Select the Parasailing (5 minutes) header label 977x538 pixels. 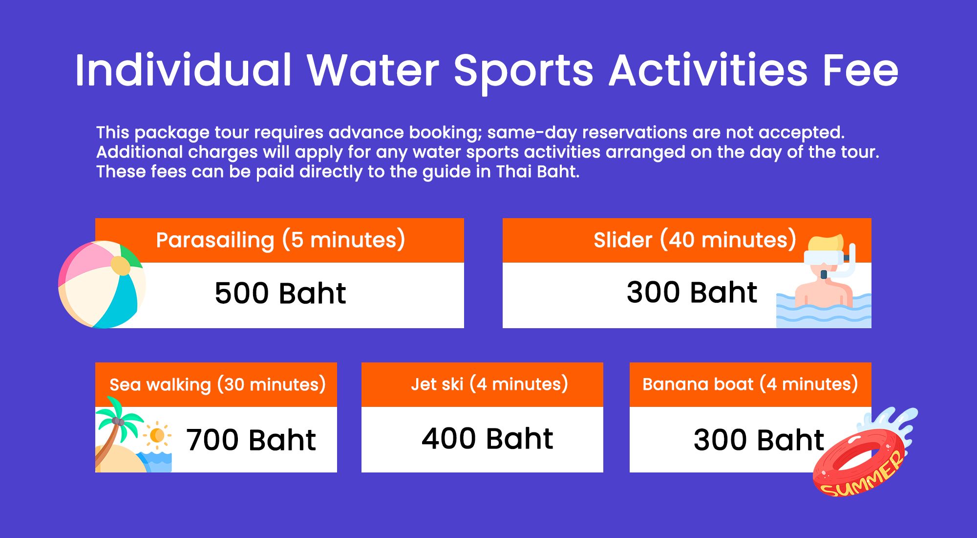[x=280, y=240]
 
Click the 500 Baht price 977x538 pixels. [x=280, y=293]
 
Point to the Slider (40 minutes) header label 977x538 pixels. [x=695, y=240]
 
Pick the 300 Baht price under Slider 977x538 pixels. [x=692, y=292]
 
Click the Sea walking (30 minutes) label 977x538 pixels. [x=217, y=384]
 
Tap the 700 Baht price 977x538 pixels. [x=251, y=440]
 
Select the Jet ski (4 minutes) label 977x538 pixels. [x=489, y=384]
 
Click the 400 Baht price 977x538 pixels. [x=488, y=438]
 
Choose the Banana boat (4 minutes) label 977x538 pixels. [x=750, y=384]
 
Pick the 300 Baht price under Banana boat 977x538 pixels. [x=759, y=440]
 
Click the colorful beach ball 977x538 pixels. [x=102, y=285]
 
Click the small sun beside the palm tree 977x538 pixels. [x=157, y=435]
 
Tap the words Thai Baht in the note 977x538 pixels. [x=537, y=172]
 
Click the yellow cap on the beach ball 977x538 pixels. [x=121, y=266]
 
